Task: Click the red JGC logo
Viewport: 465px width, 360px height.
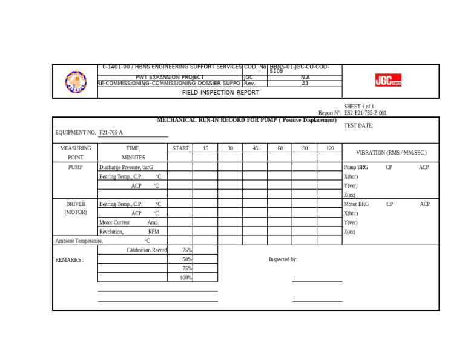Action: (388, 80)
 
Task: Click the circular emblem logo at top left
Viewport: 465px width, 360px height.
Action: (76, 81)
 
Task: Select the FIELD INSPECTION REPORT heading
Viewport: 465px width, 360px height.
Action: (220, 93)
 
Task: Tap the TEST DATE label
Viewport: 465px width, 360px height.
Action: (358, 126)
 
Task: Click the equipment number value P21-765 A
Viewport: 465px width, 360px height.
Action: (111, 132)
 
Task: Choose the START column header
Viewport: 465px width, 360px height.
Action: (180, 148)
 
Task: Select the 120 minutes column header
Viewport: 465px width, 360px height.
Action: (329, 148)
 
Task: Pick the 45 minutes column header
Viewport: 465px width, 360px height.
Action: (255, 148)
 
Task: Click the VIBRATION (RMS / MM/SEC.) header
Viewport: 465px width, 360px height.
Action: (391, 153)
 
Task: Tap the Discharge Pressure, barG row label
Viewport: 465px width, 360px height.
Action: (126, 167)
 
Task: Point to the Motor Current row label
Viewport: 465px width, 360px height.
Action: (114, 222)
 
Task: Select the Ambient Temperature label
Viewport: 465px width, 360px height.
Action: (79, 241)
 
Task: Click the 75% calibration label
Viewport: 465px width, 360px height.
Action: (187, 268)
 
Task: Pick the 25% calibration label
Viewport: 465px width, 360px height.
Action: (187, 250)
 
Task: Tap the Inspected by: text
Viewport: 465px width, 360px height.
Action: (283, 259)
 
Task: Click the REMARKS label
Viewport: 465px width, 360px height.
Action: (70, 260)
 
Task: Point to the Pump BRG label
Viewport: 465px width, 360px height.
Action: (355, 167)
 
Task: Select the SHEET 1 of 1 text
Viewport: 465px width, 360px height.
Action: (359, 107)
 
